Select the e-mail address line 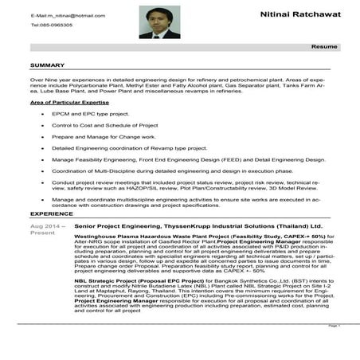point(68,15)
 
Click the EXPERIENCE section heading point(52,214)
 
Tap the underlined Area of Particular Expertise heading point(69,103)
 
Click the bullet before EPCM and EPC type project point(41,114)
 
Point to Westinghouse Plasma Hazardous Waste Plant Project point(151,237)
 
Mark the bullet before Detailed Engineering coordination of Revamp point(41,148)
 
